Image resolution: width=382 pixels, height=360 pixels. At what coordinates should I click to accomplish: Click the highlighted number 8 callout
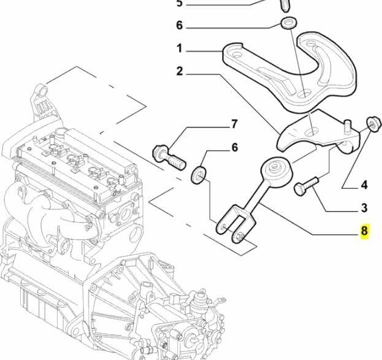pos(364,231)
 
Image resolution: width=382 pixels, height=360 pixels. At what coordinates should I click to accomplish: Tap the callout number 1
pos(180,48)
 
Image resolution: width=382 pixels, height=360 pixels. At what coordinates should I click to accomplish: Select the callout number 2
pos(180,72)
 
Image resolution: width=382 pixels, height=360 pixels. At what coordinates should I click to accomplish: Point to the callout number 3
pos(364,208)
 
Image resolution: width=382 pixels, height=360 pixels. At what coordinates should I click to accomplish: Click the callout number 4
pos(364,184)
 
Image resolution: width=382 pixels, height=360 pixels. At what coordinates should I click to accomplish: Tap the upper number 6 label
pos(180,26)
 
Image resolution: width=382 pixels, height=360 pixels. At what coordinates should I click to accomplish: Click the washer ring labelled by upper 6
pos(288,24)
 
